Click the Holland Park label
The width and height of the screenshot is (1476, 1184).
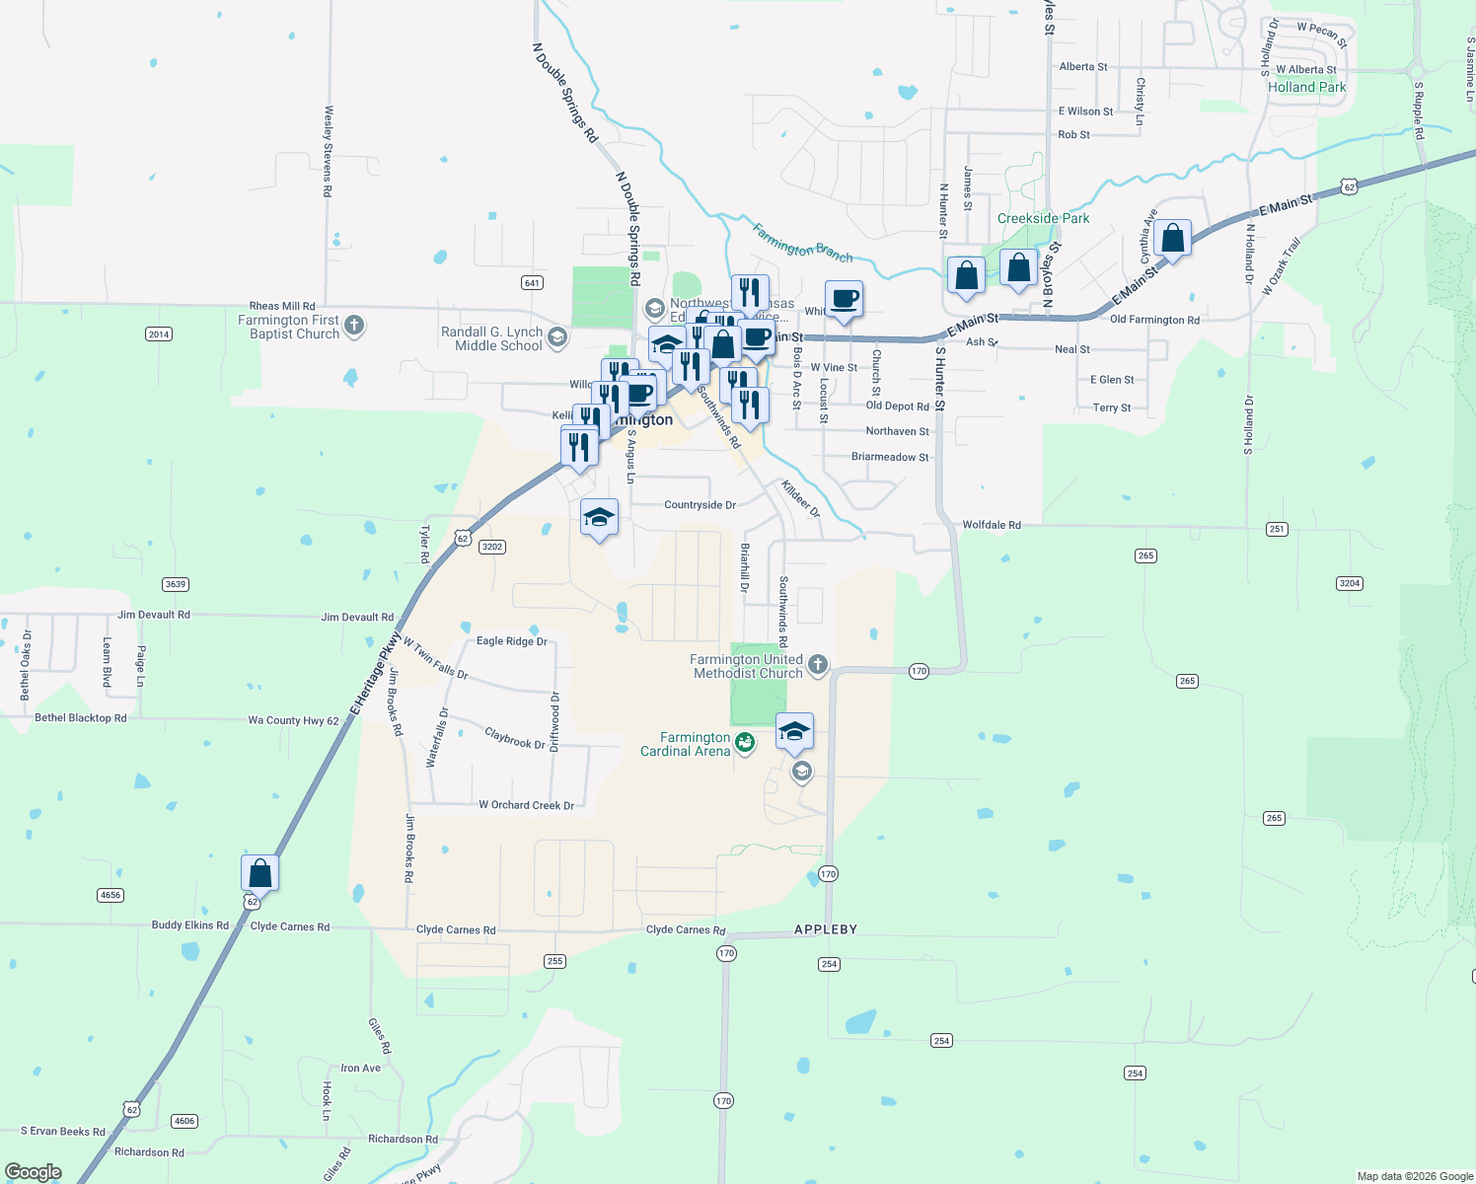click(1306, 87)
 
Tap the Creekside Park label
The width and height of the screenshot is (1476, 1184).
click(1043, 218)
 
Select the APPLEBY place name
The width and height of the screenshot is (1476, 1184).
click(826, 929)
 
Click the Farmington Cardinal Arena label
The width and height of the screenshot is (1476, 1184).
click(686, 744)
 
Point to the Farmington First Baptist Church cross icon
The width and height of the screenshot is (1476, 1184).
click(354, 325)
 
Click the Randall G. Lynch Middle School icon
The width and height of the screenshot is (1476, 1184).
click(556, 338)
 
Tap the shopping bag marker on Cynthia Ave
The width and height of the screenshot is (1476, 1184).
click(1172, 239)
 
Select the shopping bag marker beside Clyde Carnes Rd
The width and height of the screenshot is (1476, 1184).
click(259, 874)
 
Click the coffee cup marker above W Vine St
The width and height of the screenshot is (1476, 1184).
click(844, 299)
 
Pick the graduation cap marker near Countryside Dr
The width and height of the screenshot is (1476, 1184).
click(599, 518)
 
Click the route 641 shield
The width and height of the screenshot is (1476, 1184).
click(532, 283)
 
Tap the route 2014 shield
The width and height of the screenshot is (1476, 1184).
click(159, 334)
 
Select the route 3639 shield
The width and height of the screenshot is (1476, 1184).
click(176, 584)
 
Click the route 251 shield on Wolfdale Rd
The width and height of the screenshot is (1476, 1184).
click(1277, 530)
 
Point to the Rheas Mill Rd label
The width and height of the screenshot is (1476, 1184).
click(282, 307)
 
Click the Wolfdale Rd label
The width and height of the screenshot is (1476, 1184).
click(992, 525)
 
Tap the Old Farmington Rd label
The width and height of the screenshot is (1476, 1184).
click(1154, 320)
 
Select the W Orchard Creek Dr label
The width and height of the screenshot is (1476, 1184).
click(526, 805)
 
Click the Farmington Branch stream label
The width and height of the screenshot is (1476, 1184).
click(802, 243)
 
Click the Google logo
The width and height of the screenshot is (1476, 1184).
click(34, 1172)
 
